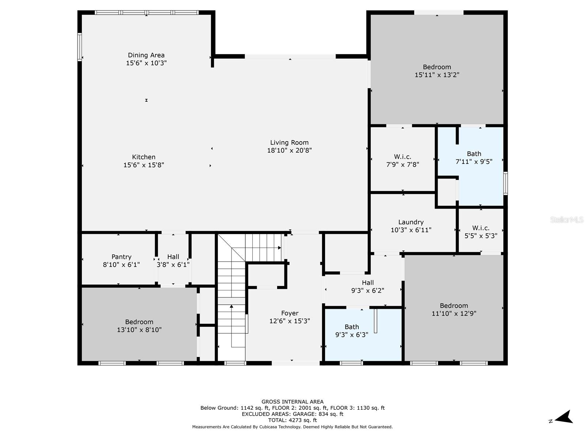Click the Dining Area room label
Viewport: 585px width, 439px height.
(146, 55)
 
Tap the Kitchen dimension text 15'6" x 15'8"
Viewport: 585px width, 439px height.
(144, 165)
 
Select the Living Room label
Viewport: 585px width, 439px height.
(289, 143)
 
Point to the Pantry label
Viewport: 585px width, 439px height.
(121, 257)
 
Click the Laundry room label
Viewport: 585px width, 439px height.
(411, 222)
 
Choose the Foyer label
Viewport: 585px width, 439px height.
(290, 313)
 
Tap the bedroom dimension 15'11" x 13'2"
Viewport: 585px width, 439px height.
(437, 75)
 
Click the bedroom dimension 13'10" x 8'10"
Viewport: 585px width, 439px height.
(139, 330)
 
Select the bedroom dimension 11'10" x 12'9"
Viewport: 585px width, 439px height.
(454, 314)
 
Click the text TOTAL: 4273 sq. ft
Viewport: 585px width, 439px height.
(292, 420)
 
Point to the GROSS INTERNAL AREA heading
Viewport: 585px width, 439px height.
(292, 402)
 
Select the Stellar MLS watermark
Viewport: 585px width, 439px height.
(567, 219)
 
